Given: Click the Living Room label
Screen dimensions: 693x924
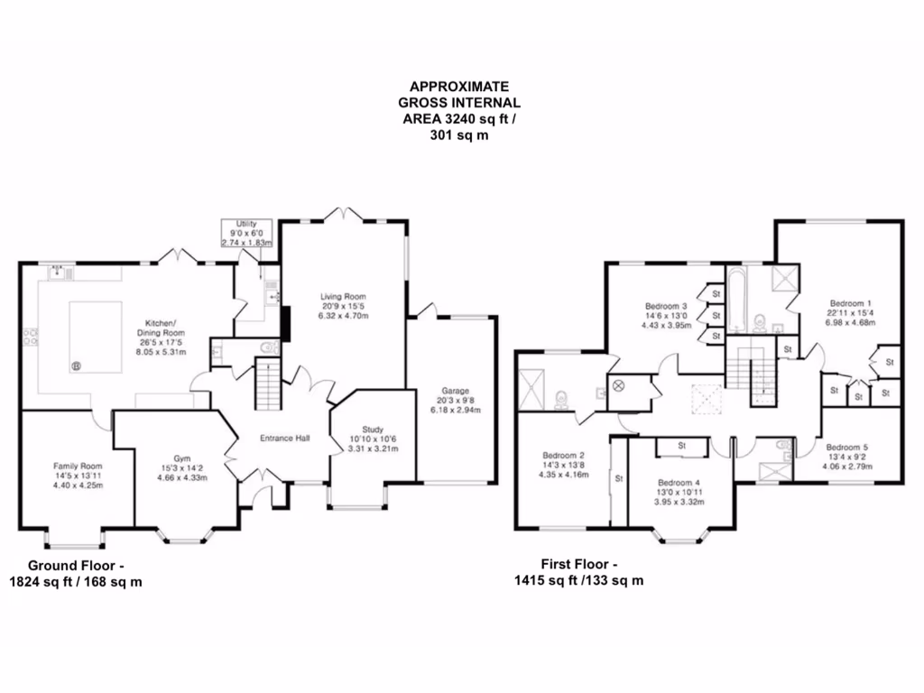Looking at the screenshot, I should tap(342, 297).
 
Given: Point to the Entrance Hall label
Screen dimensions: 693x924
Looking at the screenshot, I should tap(284, 439).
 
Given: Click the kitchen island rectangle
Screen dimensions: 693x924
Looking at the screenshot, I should tap(95, 338).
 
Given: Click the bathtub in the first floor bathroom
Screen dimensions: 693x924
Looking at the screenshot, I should tap(736, 298).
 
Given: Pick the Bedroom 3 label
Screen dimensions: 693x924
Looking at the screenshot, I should tap(666, 307).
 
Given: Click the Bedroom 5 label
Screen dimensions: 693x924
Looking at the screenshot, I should tap(847, 448).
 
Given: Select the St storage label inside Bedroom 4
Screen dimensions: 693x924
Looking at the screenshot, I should tap(682, 446).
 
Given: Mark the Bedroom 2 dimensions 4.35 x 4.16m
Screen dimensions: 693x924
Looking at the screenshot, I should tap(563, 475).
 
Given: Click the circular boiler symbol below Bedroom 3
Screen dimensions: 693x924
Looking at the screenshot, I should tap(618, 385).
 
